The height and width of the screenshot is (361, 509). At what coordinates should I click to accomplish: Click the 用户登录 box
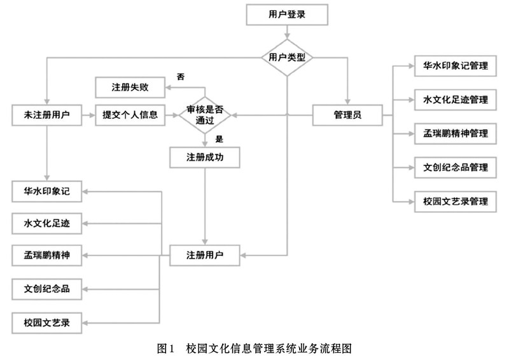click(287, 15)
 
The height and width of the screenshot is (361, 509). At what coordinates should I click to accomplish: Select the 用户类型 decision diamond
click(287, 58)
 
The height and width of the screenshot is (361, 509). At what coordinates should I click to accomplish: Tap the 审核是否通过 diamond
click(205, 115)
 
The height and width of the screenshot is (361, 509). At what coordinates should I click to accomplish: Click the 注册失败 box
click(130, 87)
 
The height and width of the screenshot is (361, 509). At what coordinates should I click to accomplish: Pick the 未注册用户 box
click(46, 115)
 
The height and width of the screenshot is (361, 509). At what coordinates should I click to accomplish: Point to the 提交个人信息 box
click(130, 115)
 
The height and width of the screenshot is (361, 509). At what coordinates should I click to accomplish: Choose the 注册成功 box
click(205, 158)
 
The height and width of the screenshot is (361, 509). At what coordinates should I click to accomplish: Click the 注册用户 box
click(205, 255)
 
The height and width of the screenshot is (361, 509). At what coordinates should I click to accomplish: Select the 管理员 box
click(347, 115)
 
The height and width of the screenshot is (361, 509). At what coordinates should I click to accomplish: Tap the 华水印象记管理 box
click(456, 66)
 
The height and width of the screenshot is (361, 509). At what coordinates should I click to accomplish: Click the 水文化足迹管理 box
click(456, 100)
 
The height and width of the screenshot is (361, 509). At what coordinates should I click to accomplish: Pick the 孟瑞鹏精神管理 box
click(456, 133)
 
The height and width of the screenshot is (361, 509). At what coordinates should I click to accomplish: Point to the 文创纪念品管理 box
click(456, 168)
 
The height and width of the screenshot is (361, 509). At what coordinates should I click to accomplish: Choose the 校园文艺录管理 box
click(456, 201)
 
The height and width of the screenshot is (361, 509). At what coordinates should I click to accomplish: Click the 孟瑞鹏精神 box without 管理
click(46, 255)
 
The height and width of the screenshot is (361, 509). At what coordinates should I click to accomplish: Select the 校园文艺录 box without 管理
click(46, 323)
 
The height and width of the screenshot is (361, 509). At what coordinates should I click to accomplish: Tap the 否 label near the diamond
click(181, 77)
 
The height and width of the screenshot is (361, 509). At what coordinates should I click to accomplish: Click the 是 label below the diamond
click(220, 139)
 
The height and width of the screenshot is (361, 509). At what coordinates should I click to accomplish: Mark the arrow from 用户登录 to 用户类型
click(287, 32)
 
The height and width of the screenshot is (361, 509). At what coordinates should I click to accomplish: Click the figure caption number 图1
click(166, 349)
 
